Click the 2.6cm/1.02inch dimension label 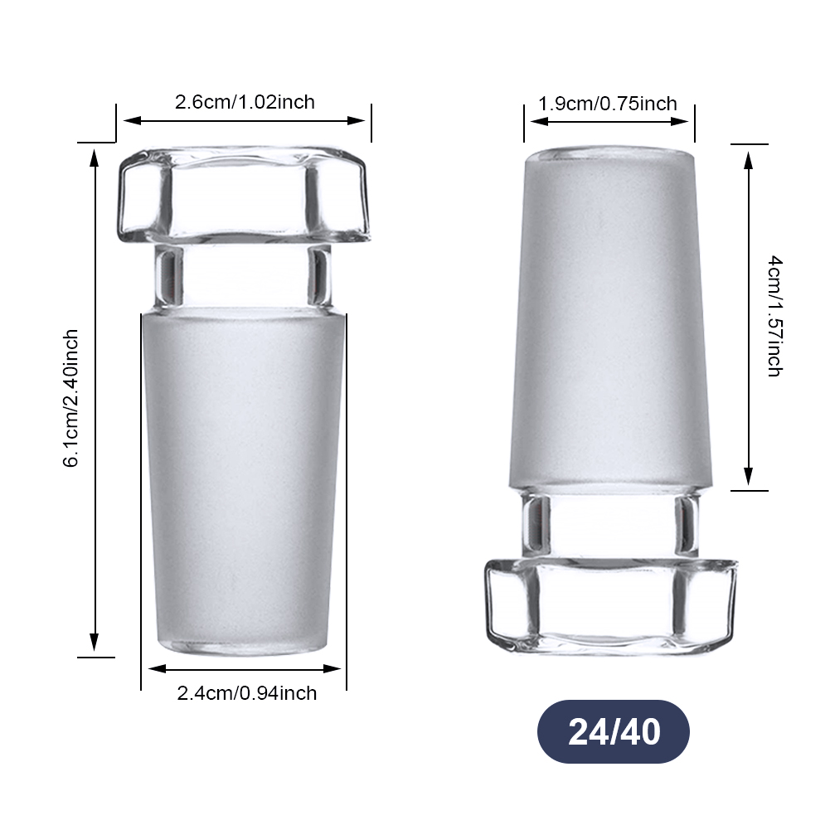245,102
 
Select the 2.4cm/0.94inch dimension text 247,692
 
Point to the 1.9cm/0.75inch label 608,104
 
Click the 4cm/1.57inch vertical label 774,316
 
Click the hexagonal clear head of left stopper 245,196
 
